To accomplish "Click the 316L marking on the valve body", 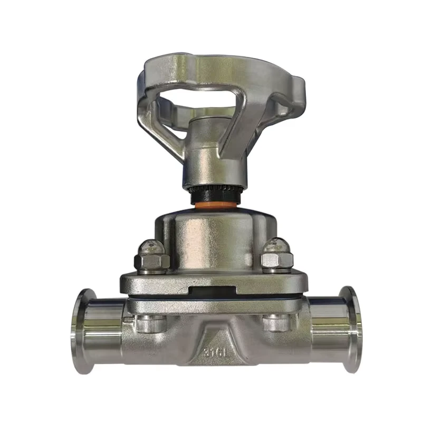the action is (215, 352).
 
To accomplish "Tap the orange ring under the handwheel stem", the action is (215, 205).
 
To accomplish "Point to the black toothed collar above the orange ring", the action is (215, 193).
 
